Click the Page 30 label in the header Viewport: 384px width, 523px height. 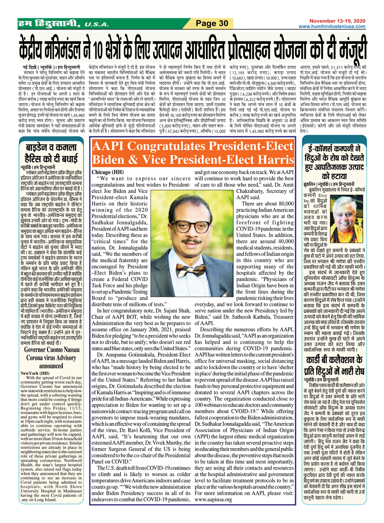(212, 24)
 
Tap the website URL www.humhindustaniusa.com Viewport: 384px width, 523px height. (332, 26)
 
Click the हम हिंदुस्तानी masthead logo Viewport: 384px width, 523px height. (49, 24)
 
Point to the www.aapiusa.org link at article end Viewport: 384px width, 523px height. (213, 499)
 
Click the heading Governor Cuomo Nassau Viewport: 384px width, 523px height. (52, 350)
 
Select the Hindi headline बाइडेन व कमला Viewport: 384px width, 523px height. (51, 148)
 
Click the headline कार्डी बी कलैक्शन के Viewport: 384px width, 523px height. (334, 360)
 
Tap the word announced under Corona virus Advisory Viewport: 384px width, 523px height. (51, 366)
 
